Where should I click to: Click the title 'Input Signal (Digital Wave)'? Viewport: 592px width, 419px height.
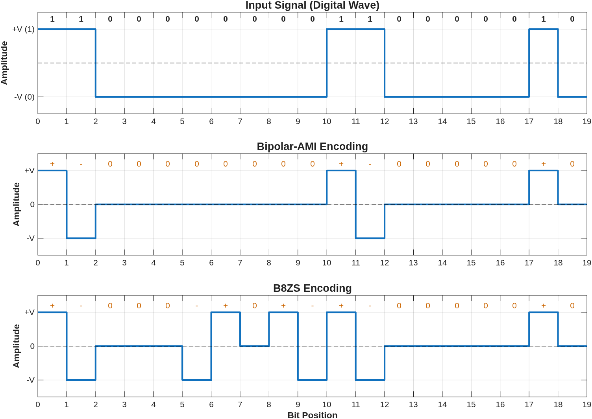point(312,6)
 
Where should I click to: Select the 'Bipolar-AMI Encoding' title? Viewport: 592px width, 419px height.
point(312,146)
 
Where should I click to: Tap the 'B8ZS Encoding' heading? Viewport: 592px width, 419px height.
point(312,288)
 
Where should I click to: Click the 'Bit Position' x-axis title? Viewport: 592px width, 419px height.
point(312,415)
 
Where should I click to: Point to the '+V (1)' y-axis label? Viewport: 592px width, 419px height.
point(23,30)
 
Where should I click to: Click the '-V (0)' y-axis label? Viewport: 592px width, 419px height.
point(24,97)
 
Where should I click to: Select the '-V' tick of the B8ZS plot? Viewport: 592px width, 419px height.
point(30,380)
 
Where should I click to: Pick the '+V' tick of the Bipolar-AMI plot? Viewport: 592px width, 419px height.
point(30,171)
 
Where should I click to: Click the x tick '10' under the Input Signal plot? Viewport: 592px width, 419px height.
point(327,121)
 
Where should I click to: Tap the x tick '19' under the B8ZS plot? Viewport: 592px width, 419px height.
point(586,404)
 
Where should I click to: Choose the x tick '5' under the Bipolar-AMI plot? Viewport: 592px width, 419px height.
point(182,263)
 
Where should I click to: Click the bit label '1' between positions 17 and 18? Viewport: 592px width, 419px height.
point(544,19)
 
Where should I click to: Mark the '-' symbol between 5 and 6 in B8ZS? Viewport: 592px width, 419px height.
point(197,306)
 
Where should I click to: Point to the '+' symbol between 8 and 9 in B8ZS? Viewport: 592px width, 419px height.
point(283,306)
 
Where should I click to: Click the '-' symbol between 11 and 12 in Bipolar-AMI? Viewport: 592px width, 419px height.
point(370,164)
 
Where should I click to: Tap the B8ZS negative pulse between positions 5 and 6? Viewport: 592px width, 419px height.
point(197,380)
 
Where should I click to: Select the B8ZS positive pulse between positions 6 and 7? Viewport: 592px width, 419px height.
point(226,312)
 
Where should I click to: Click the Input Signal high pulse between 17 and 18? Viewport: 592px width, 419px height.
point(544,29)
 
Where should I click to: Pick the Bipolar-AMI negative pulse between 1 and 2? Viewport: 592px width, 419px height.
point(81,238)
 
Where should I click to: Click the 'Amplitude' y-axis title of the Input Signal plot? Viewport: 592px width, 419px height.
point(4,63)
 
